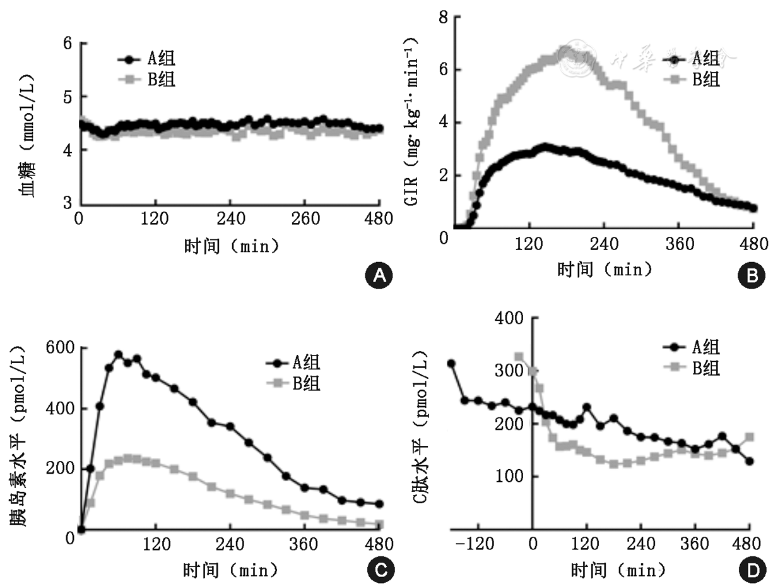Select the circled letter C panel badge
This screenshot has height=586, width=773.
pyautogui.click(x=380, y=570)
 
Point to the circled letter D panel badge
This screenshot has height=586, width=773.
pyautogui.click(x=752, y=570)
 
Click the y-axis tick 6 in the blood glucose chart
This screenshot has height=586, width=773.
pyautogui.click(x=66, y=43)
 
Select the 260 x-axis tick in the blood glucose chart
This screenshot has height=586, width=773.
pyautogui.click(x=305, y=219)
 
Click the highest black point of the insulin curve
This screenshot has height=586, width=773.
pyautogui.click(x=118, y=354)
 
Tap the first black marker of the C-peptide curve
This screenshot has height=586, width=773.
pyautogui.click(x=451, y=364)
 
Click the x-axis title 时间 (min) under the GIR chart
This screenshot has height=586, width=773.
pyautogui.click(x=604, y=270)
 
